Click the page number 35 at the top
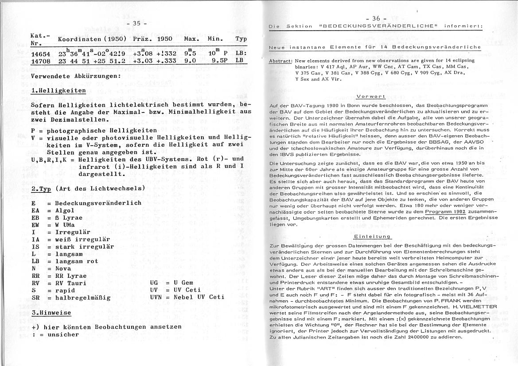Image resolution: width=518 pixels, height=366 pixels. [x=133, y=23]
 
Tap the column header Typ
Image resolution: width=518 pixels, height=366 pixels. [x=241, y=39]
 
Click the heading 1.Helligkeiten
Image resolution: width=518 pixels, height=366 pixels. [x=58, y=90]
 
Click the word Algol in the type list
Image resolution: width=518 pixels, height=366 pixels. [x=65, y=210]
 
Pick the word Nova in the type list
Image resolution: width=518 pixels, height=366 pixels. [x=63, y=269]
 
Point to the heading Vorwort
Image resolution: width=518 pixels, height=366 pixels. [x=371, y=96]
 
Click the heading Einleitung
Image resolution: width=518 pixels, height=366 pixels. [x=372, y=237]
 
